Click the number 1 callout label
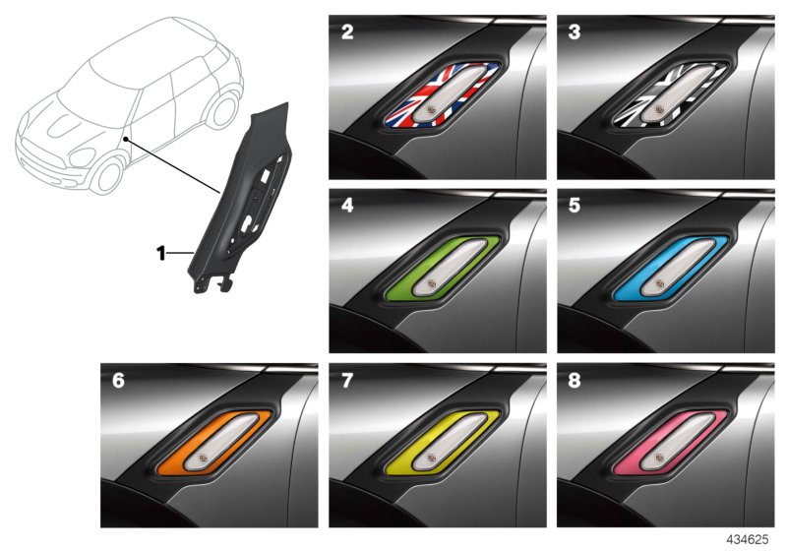pos(161,254)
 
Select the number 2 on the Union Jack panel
pos(347,32)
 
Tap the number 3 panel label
pos(575,32)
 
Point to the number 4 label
pos(347,206)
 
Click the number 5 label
pos(575,206)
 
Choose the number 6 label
pos(118,381)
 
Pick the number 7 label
pos(347,381)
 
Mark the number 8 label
pos(575,381)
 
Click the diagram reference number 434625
pos(748,539)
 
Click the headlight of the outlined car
pos(82,157)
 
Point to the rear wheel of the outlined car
pos(223,110)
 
